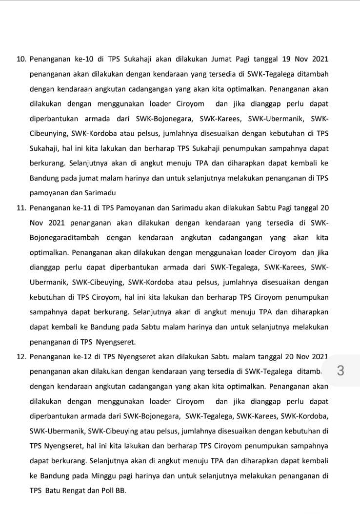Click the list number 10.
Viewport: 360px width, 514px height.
(21, 60)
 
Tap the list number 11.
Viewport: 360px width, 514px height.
(21, 208)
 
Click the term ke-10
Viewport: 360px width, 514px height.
(81, 60)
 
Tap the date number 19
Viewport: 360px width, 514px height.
(287, 60)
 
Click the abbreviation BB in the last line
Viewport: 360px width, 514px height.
(120, 491)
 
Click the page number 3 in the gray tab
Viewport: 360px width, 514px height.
(340, 371)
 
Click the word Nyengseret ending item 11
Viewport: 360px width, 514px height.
(118, 342)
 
